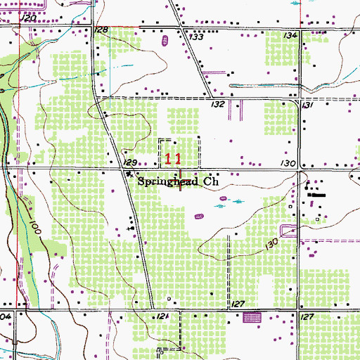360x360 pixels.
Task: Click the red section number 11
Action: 174,159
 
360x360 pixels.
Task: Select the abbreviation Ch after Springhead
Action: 212,181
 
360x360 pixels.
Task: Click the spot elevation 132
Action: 217,104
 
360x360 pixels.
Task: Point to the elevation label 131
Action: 306,104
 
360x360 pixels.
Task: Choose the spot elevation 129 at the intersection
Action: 129,162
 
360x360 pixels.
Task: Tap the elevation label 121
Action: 163,319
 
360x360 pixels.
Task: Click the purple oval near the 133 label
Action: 165,41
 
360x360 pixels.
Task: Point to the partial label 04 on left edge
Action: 5,318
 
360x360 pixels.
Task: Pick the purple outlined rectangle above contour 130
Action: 287,229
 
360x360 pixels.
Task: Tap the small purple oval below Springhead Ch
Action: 224,199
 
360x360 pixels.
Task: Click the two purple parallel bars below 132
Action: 238,110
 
